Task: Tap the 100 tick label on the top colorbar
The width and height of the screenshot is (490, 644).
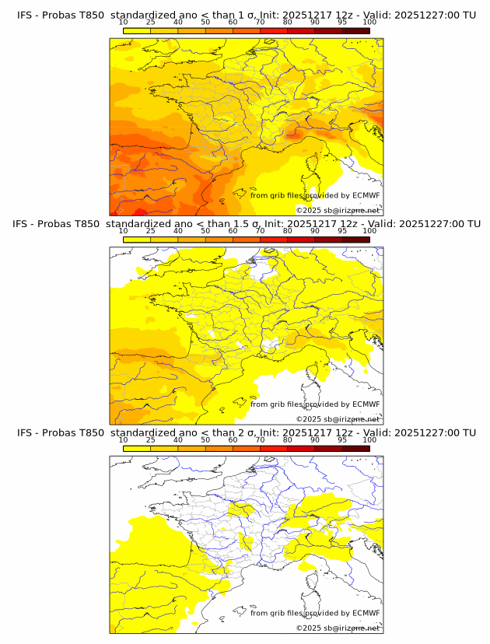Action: coord(369,21)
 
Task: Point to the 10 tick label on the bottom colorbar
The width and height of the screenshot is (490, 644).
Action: coord(123,440)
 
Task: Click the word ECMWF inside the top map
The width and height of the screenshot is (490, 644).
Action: coord(366,195)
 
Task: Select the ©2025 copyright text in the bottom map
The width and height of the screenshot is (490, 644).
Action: coord(309,628)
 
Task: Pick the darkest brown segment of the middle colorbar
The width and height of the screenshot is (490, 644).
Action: coord(355,240)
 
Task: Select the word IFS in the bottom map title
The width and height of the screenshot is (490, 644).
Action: coord(24,432)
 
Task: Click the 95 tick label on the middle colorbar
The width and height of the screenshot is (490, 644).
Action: coord(342,230)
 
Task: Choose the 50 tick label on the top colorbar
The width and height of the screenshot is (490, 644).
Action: coord(205,21)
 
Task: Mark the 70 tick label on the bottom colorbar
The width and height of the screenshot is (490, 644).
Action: coord(260,440)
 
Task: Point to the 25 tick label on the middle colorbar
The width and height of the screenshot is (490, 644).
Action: coord(150,230)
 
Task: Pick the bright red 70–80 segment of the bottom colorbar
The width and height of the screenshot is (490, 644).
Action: coord(274,449)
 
